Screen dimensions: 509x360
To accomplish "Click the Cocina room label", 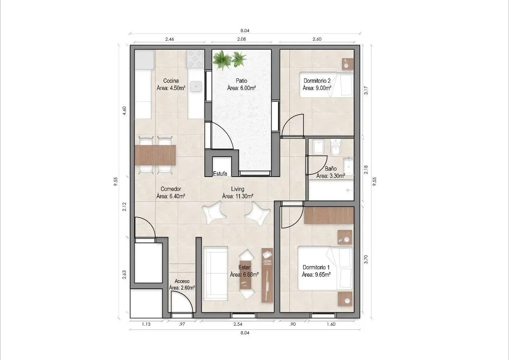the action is coord(171,81).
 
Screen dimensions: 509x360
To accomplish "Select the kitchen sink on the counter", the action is coord(196,86).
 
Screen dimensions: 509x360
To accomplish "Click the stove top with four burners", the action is coord(195,59).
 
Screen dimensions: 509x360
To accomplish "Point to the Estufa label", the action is coord(220,174).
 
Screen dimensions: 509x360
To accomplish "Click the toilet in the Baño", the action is coord(336,147).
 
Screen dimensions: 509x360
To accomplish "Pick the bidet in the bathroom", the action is coord(319,147).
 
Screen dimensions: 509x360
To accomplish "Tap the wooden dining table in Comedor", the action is coord(155,155).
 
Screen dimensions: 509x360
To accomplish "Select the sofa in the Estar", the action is coord(215,273).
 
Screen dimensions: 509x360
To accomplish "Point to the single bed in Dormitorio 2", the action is coord(326,85).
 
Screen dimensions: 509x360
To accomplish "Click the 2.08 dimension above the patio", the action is coord(241,39).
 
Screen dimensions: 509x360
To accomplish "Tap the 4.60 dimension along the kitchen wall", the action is coord(124,111).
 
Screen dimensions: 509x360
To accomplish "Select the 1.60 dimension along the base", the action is coord(331,324).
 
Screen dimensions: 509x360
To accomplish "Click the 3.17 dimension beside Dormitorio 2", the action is coord(366,90).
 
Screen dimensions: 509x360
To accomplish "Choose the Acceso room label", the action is coord(182,281).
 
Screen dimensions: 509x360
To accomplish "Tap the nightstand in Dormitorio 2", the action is coord(348,64).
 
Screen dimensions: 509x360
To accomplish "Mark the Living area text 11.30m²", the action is coord(238,196).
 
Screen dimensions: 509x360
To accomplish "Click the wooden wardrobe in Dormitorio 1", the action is coord(329,215).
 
